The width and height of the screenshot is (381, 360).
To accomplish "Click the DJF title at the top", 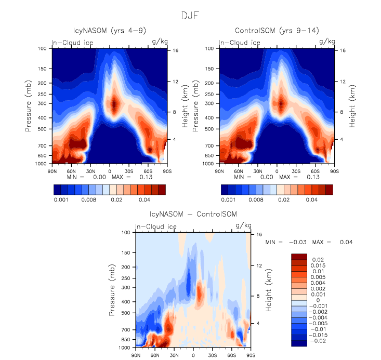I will (x=190, y=16).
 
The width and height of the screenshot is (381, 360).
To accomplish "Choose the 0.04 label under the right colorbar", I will (x=311, y=199).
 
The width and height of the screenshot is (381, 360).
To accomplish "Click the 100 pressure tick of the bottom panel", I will (x=125, y=233).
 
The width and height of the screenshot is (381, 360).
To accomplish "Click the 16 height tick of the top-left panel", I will (x=176, y=50).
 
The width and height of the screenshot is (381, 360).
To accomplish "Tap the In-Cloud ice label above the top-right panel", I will (x=239, y=42).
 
